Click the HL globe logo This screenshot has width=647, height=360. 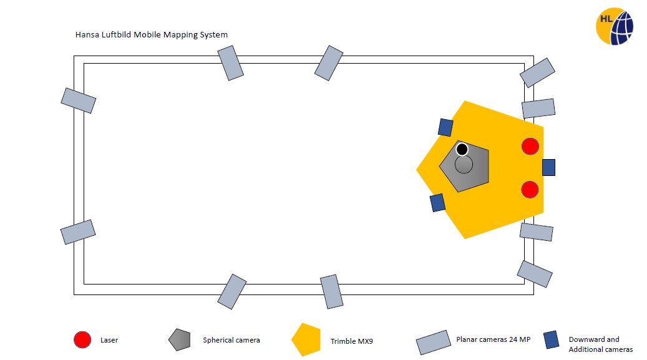click(614, 26)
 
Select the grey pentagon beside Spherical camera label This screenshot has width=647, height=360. click(179, 339)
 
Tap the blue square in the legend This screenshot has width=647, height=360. click(552, 340)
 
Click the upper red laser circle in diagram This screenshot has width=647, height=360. click(530, 147)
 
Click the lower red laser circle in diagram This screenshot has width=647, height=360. click(530, 189)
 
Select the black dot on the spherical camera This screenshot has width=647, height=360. click(462, 150)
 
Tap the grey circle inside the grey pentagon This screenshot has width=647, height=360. click(464, 165)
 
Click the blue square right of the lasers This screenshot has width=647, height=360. click(548, 167)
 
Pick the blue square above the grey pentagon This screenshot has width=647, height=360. click(445, 127)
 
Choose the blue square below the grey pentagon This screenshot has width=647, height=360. click(437, 203)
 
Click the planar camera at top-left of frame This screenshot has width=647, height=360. click(78, 100)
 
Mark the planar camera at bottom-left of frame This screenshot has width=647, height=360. click(78, 232)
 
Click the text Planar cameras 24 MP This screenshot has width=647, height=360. click(493, 340)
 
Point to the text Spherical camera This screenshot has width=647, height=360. click(231, 340)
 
